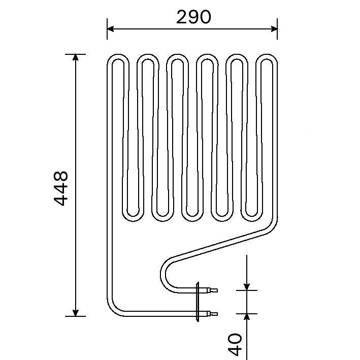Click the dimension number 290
tap(193, 17)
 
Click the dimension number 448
tap(61, 188)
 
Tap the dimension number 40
tap(234, 344)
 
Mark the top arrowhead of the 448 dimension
tap(76, 57)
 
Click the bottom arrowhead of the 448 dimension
tap(76, 312)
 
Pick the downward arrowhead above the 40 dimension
tap(246, 286)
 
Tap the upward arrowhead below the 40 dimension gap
tap(246, 317)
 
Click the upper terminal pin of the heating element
tap(211, 290)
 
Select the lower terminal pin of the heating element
tap(211, 314)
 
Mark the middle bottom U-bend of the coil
tap(192, 216)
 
